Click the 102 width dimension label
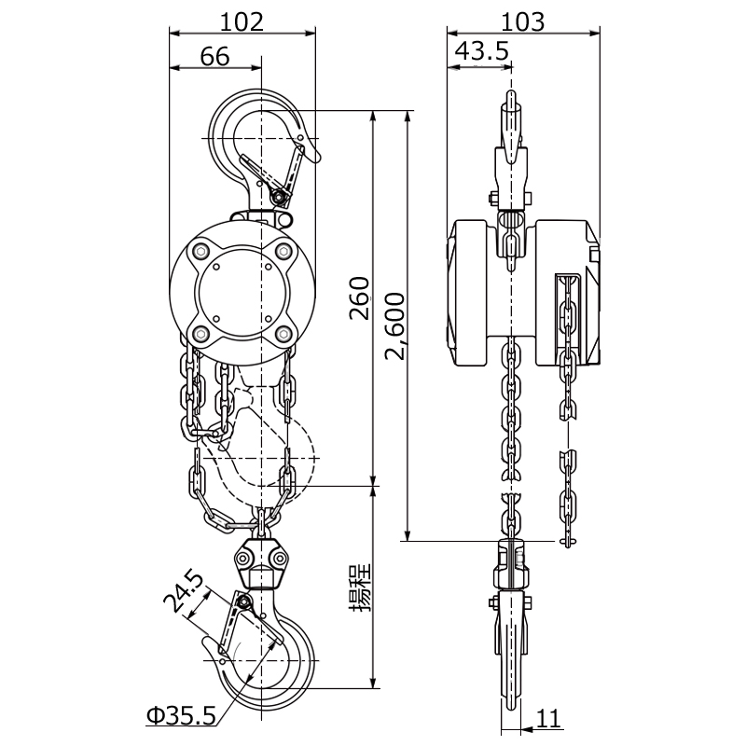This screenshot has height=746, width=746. [x=242, y=21]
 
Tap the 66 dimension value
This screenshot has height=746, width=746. [x=214, y=56]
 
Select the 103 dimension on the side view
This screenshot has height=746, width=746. [x=523, y=21]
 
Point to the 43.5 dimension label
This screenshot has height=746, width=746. [x=482, y=51]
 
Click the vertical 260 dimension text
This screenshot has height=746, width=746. [x=360, y=298]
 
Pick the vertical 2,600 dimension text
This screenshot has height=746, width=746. [x=395, y=326]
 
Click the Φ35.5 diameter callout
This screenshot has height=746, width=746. [x=181, y=715]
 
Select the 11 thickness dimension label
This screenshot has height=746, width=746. [x=549, y=718]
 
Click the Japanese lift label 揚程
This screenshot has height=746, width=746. [x=360, y=588]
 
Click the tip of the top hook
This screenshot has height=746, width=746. [x=318, y=160]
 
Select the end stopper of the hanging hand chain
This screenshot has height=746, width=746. [x=568, y=541]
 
